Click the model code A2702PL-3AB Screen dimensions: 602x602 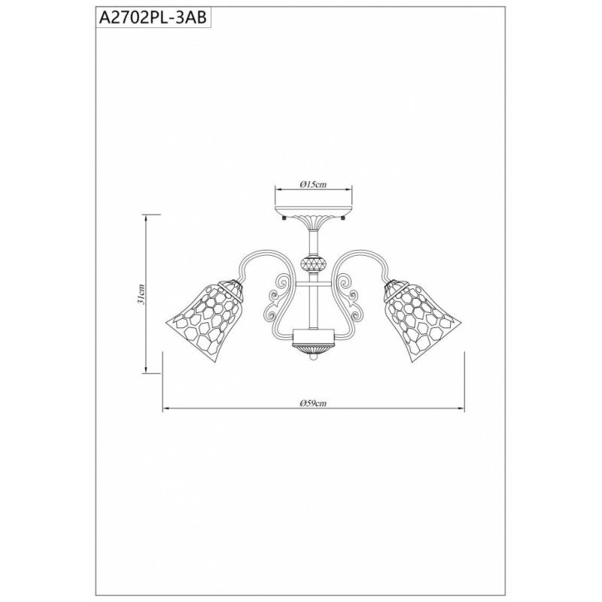coord(153,18)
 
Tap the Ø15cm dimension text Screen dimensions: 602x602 coord(313,184)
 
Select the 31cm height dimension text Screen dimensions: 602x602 coord(141,294)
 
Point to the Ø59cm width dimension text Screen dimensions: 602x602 coord(313,403)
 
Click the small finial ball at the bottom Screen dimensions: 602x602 coord(314,357)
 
